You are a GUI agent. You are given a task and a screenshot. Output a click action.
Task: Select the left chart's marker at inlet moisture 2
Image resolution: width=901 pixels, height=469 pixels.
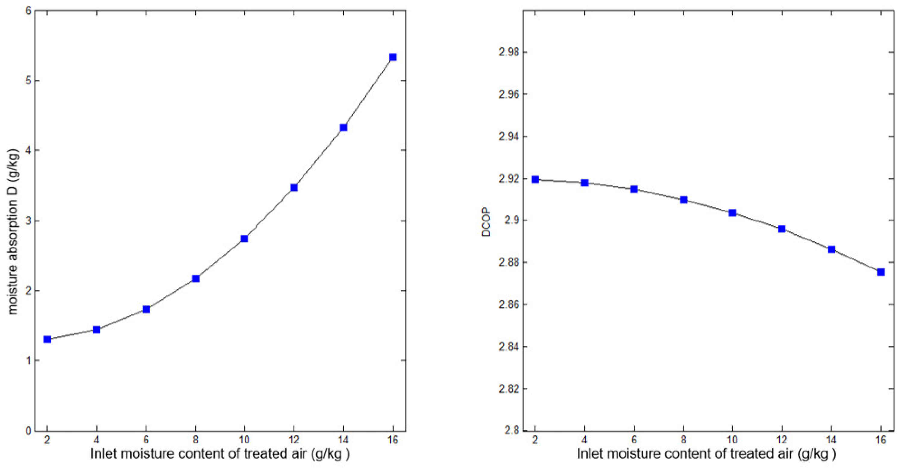[47, 339]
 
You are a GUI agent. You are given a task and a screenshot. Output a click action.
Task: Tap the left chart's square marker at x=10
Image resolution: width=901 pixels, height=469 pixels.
[244, 239]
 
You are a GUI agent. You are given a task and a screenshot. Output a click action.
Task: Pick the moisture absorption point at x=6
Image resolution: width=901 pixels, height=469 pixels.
[146, 309]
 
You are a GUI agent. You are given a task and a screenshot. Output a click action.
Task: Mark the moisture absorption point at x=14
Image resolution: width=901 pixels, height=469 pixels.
[344, 128]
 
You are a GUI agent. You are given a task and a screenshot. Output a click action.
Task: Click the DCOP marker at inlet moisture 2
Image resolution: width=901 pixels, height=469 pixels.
[535, 180]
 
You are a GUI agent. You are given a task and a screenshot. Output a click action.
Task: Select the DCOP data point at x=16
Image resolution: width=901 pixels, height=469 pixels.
[881, 272]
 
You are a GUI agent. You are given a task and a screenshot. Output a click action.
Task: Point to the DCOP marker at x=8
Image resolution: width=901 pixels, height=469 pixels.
[683, 200]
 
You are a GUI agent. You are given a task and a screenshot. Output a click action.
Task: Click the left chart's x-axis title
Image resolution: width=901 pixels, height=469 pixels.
[220, 454]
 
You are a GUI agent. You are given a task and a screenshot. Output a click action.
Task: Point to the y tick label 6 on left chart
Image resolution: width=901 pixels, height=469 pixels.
[28, 11]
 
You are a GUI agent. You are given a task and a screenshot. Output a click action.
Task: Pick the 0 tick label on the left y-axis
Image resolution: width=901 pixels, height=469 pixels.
[28, 431]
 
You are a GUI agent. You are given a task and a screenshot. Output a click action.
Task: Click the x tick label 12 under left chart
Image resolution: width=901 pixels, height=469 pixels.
[294, 439]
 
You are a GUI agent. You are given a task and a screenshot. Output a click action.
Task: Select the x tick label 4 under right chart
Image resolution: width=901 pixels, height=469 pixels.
[585, 439]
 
